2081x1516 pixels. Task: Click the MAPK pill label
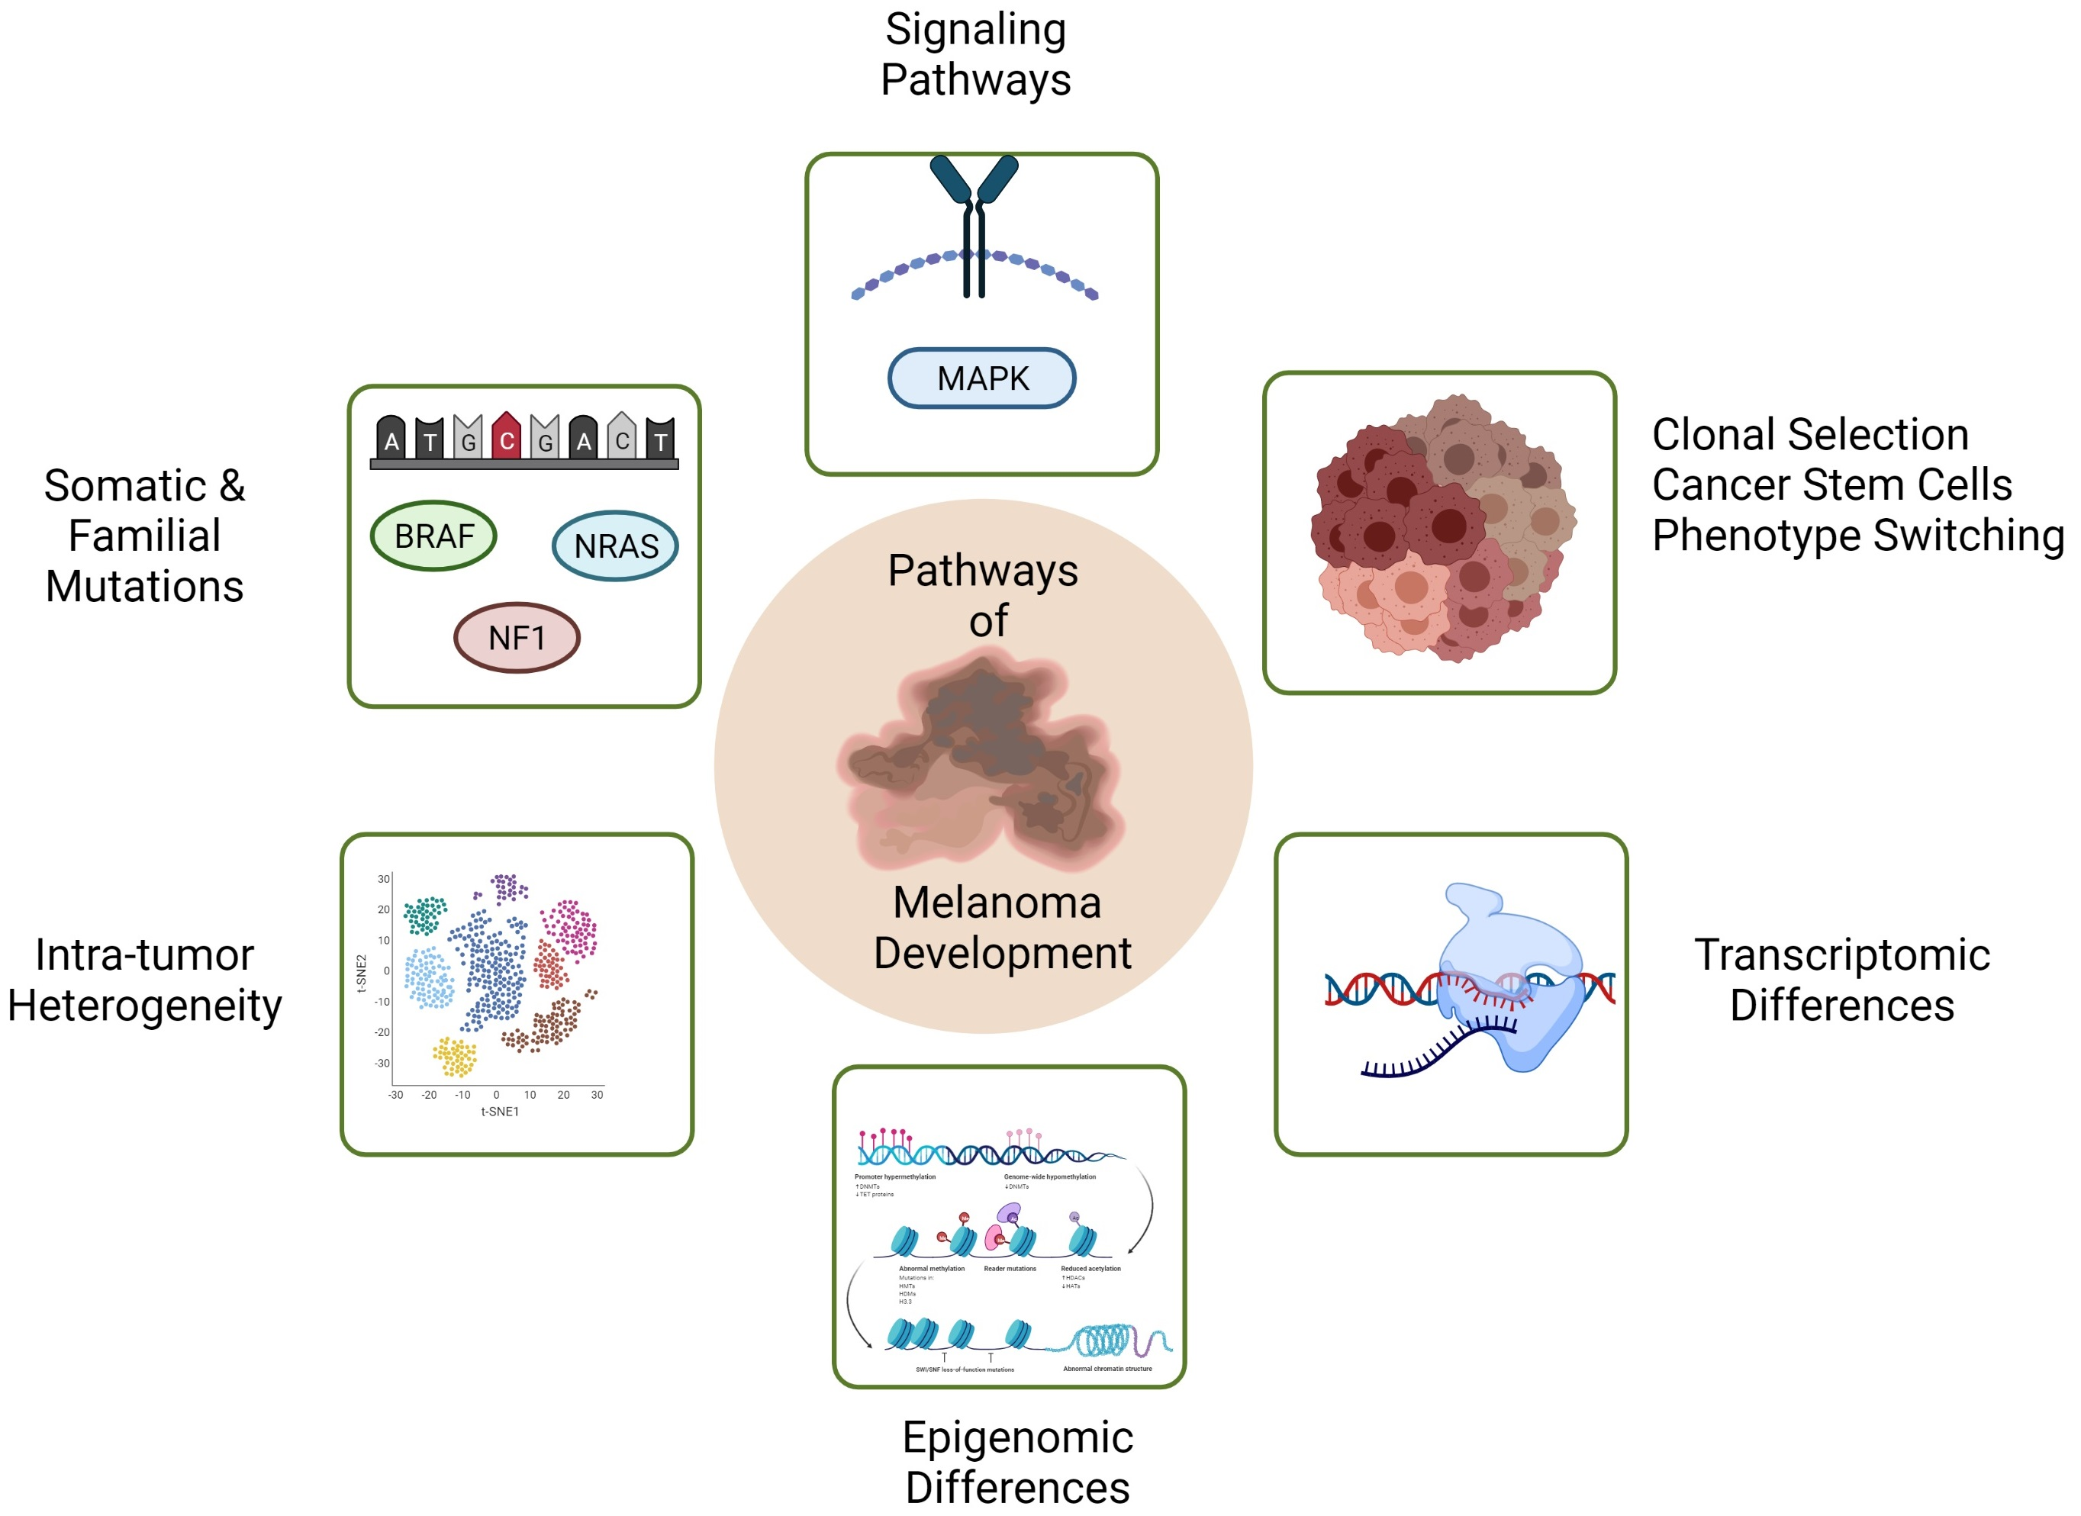click(x=981, y=378)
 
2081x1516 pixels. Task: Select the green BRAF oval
click(x=433, y=536)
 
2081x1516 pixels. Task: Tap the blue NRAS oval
click(x=615, y=546)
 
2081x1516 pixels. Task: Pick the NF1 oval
click(x=517, y=638)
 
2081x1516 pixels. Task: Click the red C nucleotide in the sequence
click(x=506, y=438)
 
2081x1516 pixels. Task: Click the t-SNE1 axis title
click(x=499, y=1112)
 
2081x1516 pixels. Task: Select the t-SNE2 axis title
click(x=361, y=973)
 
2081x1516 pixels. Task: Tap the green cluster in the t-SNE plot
click(x=425, y=915)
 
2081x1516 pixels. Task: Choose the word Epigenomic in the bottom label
click(x=1017, y=1437)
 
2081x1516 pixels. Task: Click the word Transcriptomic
click(x=1841, y=954)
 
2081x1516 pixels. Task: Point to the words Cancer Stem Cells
click(x=1831, y=484)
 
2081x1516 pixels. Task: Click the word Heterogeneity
click(x=144, y=1006)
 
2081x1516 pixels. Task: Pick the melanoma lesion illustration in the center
click(x=982, y=761)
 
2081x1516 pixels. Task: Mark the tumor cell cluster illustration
click(x=1442, y=530)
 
